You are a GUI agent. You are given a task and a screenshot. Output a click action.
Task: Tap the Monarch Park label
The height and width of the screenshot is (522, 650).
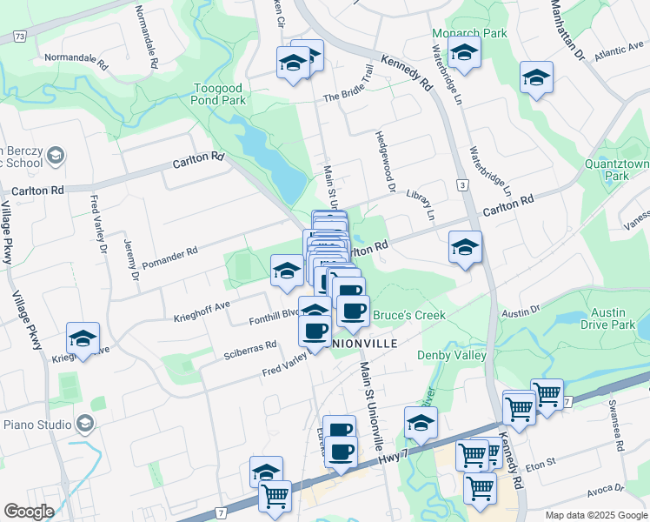point(469,33)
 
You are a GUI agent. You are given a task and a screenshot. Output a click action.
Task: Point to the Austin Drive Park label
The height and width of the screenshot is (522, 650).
point(606,319)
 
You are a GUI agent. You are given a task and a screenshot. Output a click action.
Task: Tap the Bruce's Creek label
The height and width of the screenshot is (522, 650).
point(408,315)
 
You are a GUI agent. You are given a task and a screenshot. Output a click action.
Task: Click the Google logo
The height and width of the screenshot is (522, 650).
point(29,512)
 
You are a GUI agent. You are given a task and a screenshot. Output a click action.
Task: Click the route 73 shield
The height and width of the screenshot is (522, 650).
point(20,37)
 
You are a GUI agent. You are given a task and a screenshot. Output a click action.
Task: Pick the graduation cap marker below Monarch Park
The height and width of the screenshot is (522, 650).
point(464,55)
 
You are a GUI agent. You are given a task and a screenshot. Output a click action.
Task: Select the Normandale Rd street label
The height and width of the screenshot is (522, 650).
point(75,62)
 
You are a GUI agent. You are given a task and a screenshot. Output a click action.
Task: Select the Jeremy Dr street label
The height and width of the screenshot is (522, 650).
point(130,259)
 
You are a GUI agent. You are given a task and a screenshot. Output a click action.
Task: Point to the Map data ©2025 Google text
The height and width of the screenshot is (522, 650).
point(596,515)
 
